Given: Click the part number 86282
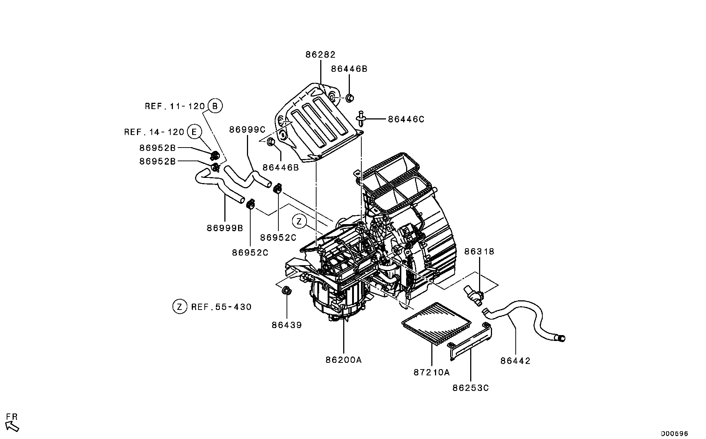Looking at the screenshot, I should coord(320,55).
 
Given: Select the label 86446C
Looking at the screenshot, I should coord(406,119).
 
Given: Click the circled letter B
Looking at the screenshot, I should coord(215,106).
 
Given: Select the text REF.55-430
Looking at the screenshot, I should coord(221,307).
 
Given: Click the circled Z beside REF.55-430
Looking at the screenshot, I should coord(180,307).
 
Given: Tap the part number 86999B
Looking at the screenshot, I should coord(225,228).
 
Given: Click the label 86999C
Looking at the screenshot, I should coord(247,130).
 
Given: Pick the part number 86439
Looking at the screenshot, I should coord(287,325).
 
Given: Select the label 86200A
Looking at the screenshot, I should coord(343,359).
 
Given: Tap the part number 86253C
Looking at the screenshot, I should coord(470,388).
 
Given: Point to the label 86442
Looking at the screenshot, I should coord(515,361).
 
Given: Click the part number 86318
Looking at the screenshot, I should coord(479,251).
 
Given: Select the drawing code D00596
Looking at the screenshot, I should coord(675,433).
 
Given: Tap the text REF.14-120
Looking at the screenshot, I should coord(154,132).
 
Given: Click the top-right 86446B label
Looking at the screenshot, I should coord(349,69).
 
